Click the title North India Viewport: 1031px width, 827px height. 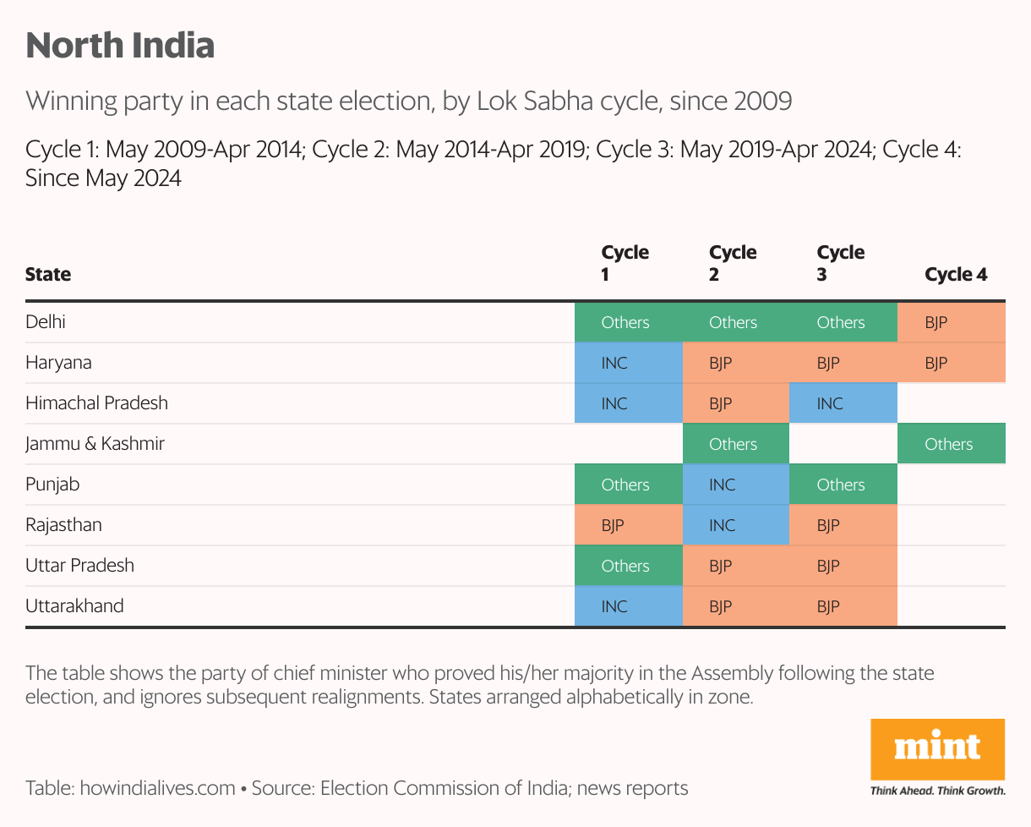pos(120,46)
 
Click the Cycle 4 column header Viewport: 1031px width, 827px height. pos(956,274)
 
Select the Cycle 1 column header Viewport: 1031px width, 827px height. pos(625,263)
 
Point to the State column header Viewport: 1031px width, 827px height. pos(48,274)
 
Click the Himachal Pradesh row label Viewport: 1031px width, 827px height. pos(96,403)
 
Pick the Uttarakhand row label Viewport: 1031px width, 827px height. pos(74,606)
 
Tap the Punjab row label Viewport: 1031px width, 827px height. pos(52,485)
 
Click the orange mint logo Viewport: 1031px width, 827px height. pos(938,748)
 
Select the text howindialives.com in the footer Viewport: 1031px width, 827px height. pos(157,789)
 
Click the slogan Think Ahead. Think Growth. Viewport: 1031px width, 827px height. pos(938,791)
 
